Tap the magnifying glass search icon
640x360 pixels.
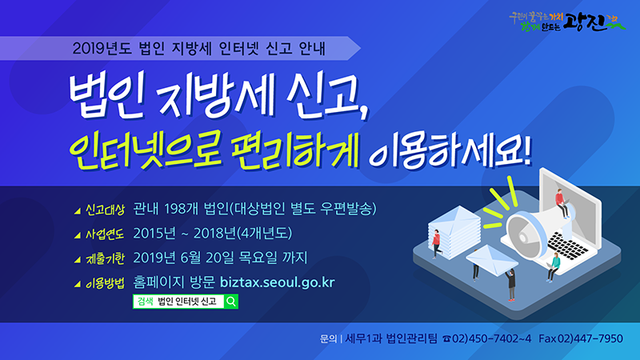(230, 302)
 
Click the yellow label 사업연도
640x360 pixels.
(105, 234)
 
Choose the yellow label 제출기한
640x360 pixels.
(105, 258)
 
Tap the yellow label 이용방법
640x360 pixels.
(105, 282)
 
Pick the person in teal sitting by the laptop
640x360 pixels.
(551, 267)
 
